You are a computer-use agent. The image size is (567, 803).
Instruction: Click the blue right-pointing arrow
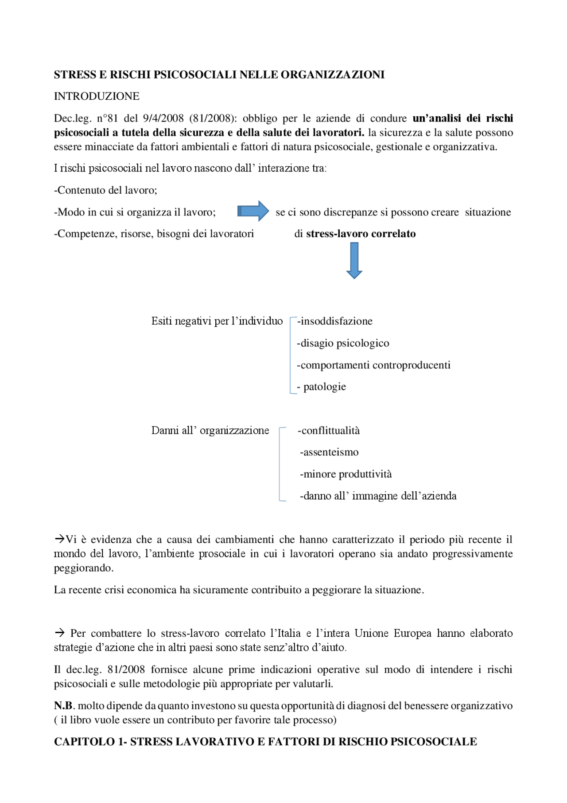click(x=253, y=211)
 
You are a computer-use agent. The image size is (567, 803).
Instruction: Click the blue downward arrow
click(x=354, y=261)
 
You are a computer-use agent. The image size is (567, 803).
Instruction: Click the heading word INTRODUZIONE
click(x=97, y=96)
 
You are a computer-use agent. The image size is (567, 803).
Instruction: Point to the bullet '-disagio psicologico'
click(x=343, y=343)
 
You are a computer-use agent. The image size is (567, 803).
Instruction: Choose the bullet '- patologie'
click(x=322, y=387)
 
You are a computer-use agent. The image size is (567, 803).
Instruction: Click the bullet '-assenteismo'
click(x=329, y=452)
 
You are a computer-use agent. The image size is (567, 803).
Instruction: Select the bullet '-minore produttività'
click(x=346, y=474)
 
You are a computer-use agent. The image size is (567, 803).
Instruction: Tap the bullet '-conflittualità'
click(x=329, y=431)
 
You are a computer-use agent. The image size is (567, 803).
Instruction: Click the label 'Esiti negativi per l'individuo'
click(x=217, y=321)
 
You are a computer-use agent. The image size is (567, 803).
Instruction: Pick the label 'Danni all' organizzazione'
click(x=210, y=431)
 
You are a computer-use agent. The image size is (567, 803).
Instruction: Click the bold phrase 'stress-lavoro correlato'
click(x=361, y=234)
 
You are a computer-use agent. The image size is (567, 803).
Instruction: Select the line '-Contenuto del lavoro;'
click(x=105, y=190)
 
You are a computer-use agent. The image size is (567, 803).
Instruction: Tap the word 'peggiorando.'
click(x=84, y=568)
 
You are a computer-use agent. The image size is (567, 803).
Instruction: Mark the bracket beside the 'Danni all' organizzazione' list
click(x=280, y=464)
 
